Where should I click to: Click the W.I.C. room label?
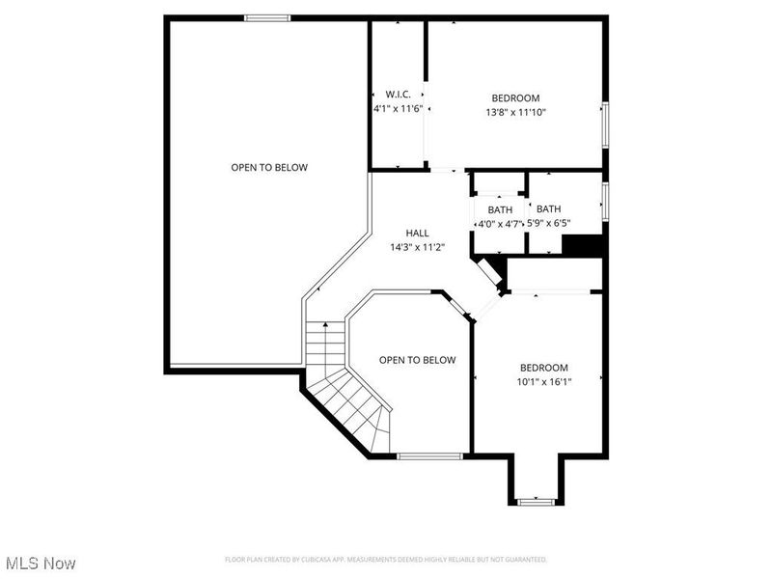pos(398,94)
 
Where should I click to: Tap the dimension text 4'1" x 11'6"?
pos(398,108)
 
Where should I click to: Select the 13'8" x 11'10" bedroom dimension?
pos(515,112)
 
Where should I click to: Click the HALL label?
pos(417,233)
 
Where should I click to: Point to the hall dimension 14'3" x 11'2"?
pos(418,247)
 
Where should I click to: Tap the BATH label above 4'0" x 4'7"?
pos(500,210)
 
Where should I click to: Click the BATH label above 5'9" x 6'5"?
pos(548,208)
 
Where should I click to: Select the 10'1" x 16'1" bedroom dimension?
pos(544,381)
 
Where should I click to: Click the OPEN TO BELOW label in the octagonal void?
pos(417,360)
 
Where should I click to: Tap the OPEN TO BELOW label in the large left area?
pos(269,167)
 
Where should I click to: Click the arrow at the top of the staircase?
pos(325,325)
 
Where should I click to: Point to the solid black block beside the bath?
pos(583,245)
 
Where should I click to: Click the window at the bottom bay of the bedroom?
pos(537,502)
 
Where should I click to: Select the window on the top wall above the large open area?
pos(267,18)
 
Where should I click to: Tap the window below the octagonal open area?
pos(429,456)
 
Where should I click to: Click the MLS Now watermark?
pos(41,563)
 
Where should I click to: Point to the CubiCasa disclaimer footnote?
pos(385,560)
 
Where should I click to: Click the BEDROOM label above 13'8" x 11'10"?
pos(515,98)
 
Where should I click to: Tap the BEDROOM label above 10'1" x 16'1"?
pos(544,368)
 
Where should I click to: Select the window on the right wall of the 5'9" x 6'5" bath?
pos(605,201)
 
